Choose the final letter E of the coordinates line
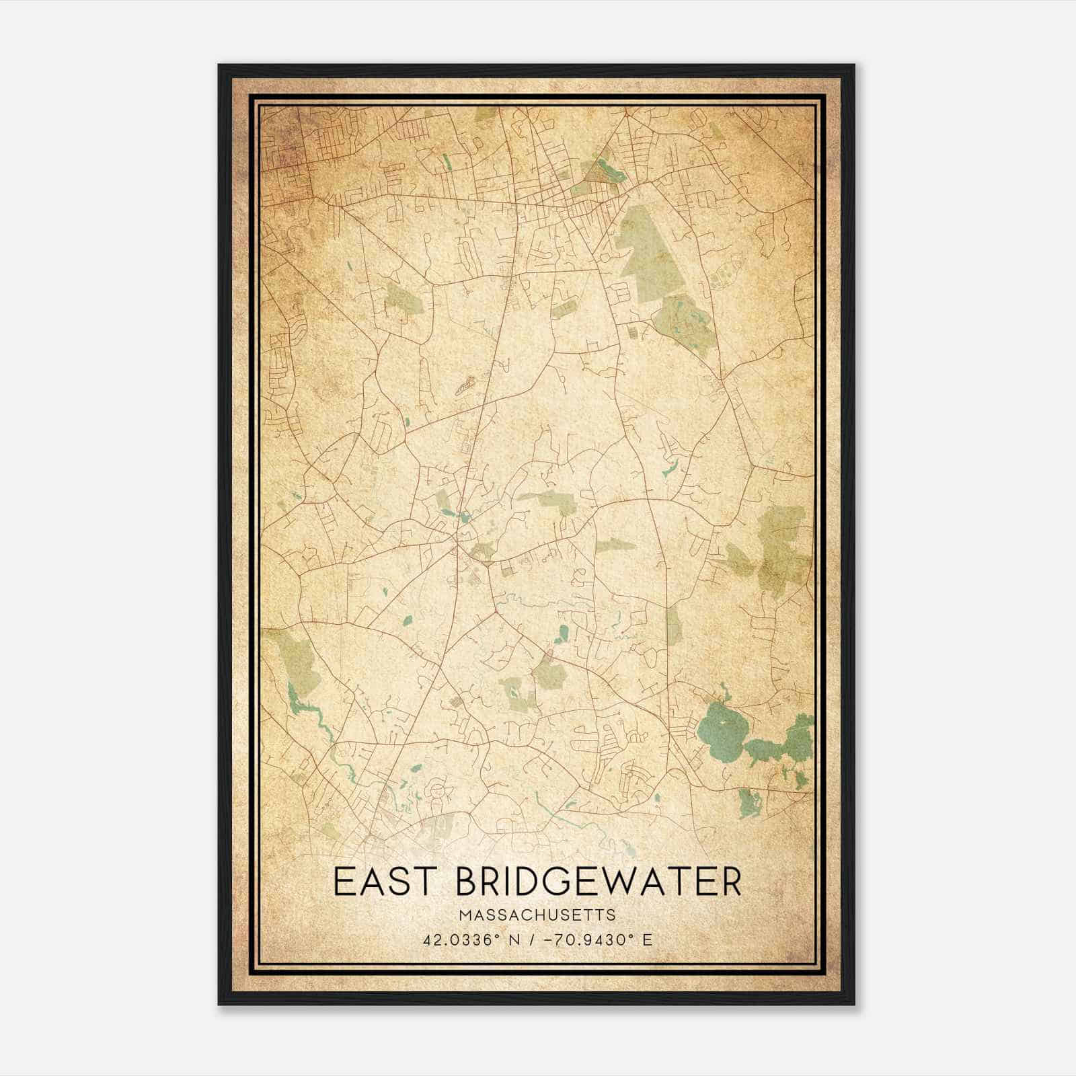point(648,939)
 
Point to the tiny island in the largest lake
point(719,722)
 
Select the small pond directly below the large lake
point(748,802)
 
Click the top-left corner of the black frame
point(220,66)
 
